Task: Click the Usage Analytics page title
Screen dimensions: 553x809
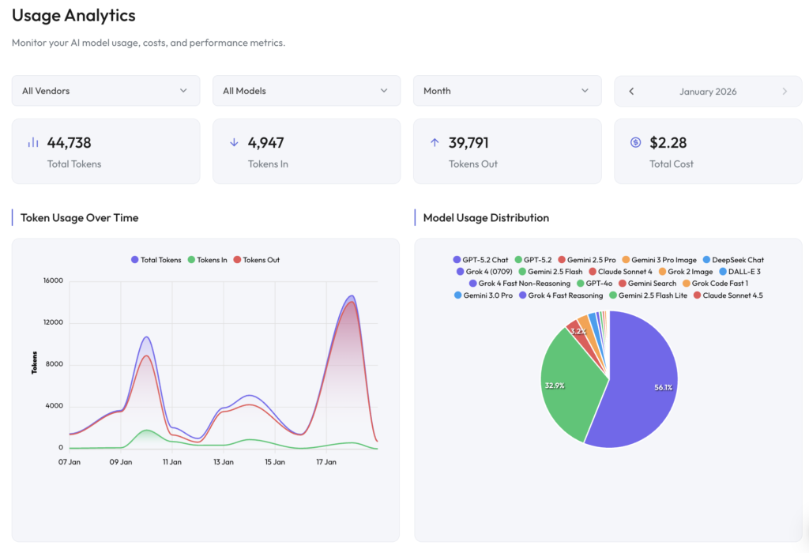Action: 73,16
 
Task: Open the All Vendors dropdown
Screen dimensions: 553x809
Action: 105,91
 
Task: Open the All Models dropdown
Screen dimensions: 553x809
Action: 306,91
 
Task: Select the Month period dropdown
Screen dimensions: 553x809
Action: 506,91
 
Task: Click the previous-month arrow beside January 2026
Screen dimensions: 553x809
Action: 631,92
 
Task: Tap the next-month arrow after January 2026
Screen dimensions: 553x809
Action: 785,92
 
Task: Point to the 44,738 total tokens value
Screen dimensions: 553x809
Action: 70,143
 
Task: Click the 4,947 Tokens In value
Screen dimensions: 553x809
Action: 265,143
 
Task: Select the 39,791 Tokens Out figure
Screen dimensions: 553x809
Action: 468,143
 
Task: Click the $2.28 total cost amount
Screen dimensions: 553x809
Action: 668,143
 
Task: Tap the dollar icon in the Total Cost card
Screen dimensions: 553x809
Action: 635,143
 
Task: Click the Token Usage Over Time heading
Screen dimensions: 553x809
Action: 79,218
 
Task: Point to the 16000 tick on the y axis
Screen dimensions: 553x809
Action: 52,280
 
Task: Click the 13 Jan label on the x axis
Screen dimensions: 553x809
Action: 223,462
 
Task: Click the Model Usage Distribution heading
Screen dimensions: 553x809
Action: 486,218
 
